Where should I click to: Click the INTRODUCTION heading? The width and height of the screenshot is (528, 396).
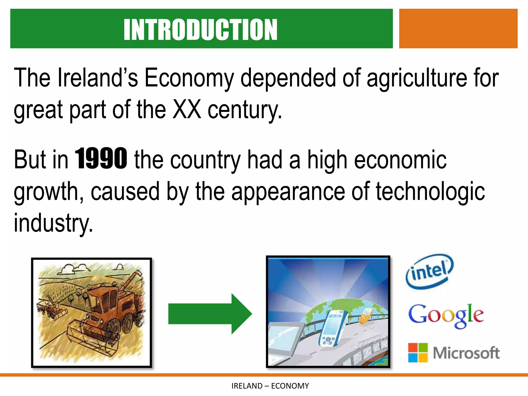(x=200, y=30)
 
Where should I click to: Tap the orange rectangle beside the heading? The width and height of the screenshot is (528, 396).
(x=458, y=29)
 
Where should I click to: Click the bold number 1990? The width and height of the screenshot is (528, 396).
(x=101, y=159)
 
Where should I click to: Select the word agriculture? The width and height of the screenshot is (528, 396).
(x=417, y=78)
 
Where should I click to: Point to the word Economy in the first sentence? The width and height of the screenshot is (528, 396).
(x=189, y=78)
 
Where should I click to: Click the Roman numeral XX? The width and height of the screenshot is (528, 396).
(x=187, y=110)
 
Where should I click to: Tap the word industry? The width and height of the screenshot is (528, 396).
(x=53, y=223)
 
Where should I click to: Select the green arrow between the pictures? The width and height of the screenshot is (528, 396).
(x=210, y=313)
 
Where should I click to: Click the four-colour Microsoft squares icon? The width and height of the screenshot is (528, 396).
(x=418, y=352)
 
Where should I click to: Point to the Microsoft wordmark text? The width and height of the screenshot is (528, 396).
(x=466, y=353)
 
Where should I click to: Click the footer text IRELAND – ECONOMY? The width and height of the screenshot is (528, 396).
(x=270, y=386)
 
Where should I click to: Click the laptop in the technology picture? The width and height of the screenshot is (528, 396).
(x=284, y=340)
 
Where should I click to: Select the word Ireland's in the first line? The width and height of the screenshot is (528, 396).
(x=98, y=78)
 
